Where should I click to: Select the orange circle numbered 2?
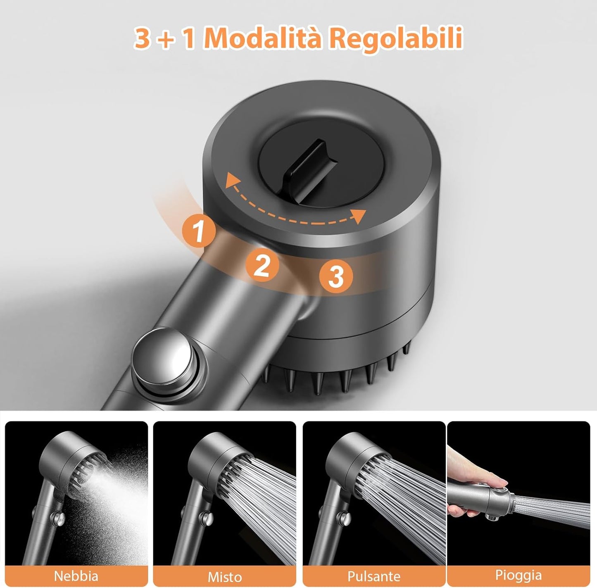point(262,265)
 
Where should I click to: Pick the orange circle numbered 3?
point(336,276)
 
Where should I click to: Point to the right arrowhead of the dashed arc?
point(360,216)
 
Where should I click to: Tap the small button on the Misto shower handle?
point(206,517)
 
